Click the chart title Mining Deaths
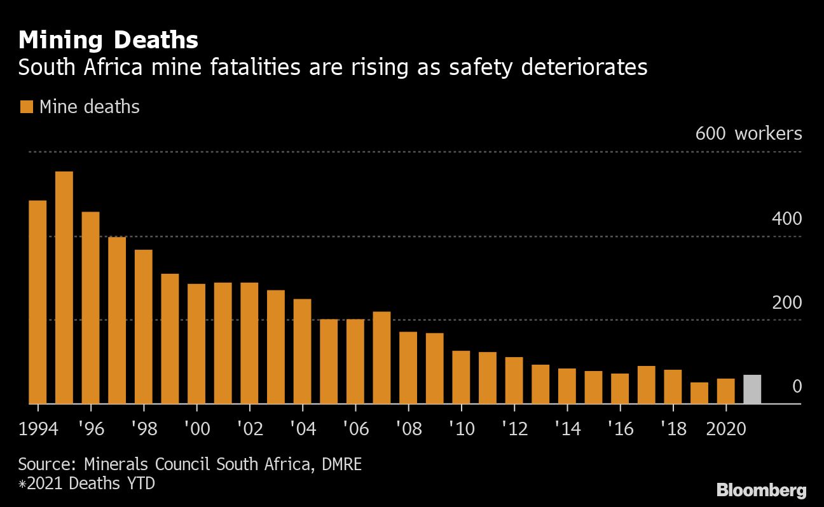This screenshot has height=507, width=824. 108,40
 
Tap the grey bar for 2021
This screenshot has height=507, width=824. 752,389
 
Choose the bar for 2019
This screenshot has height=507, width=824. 699,393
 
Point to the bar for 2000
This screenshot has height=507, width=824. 196,343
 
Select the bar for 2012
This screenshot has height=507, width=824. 514,380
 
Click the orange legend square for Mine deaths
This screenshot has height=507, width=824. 26,107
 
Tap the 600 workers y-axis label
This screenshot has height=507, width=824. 748,134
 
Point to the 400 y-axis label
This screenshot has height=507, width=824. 786,219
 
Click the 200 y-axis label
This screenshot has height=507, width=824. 786,302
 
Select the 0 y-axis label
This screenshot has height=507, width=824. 797,386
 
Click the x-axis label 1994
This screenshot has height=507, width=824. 38,429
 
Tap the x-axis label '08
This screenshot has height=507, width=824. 408,429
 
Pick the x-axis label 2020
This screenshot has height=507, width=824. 725,429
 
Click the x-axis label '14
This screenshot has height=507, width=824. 566,429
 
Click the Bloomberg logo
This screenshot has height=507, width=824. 761,490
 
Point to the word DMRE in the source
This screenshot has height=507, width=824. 340,464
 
